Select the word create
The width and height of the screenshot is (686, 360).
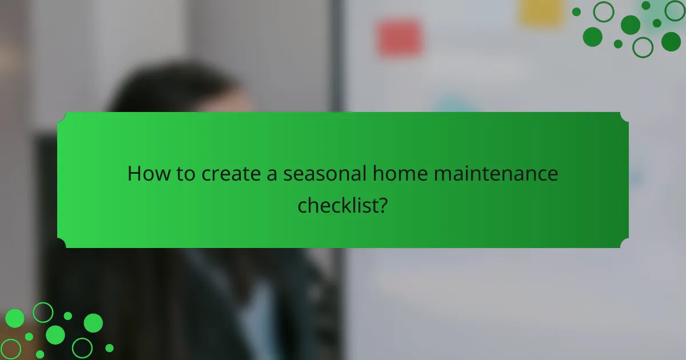pyautogui.click(x=230, y=174)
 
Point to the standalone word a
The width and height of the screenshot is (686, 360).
pyautogui.click(x=273, y=174)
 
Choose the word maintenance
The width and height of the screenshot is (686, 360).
pyautogui.click(x=496, y=174)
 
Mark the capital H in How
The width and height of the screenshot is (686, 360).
pyautogui.click(x=134, y=174)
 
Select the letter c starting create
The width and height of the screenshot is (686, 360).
pyautogui.click(x=207, y=174)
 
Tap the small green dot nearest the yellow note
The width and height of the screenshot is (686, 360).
pyautogui.click(x=576, y=11)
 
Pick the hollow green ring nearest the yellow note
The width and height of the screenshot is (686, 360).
pyautogui.click(x=603, y=11)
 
